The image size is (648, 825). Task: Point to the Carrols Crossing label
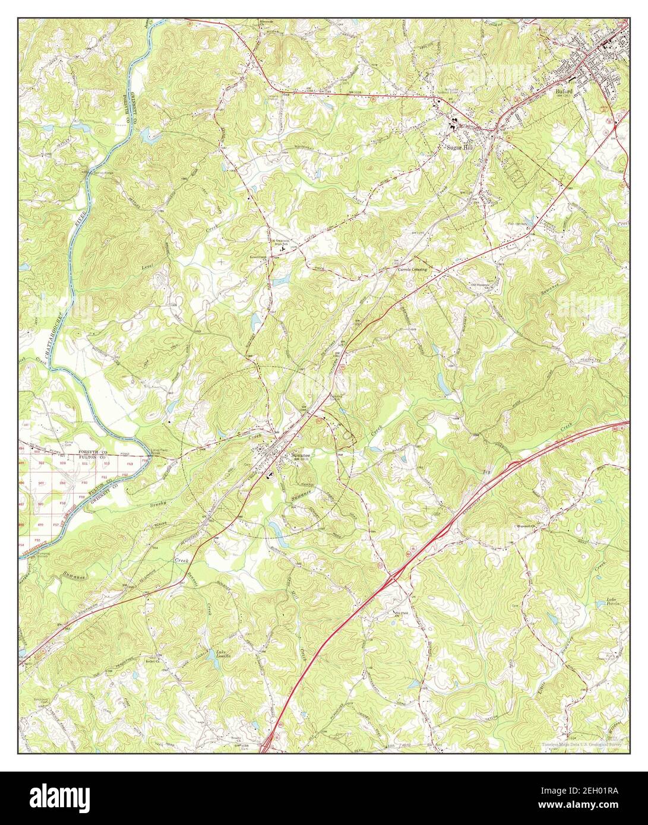[x=412, y=269]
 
